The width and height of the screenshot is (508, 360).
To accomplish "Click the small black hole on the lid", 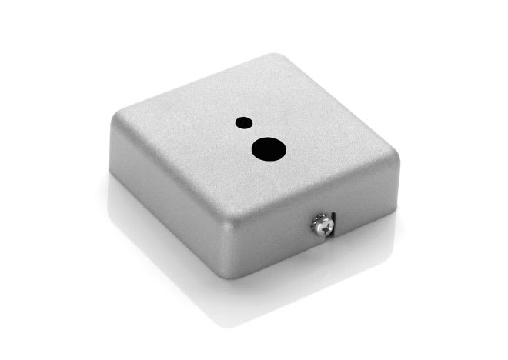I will point(243,122).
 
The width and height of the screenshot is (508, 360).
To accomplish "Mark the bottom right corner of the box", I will point(393,203).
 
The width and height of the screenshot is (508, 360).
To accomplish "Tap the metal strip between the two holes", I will point(253,132).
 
